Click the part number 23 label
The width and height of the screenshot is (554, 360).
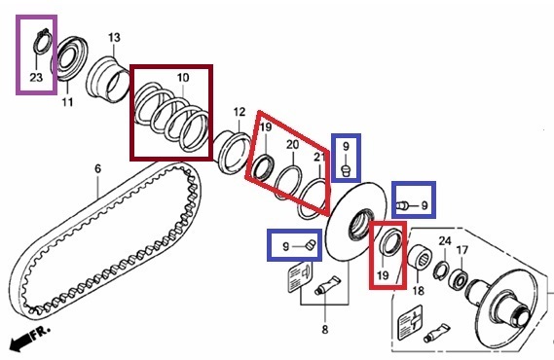tap(36, 77)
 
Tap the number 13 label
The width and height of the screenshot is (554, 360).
tap(114, 37)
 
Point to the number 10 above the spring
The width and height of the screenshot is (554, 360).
tap(183, 78)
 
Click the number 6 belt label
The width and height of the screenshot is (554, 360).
tap(98, 168)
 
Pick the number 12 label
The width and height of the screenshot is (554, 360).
tap(240, 112)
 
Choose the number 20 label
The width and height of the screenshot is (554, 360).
tap(292, 144)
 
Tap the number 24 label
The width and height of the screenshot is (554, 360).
tap(445, 241)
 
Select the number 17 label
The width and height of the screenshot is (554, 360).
tap(462, 250)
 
